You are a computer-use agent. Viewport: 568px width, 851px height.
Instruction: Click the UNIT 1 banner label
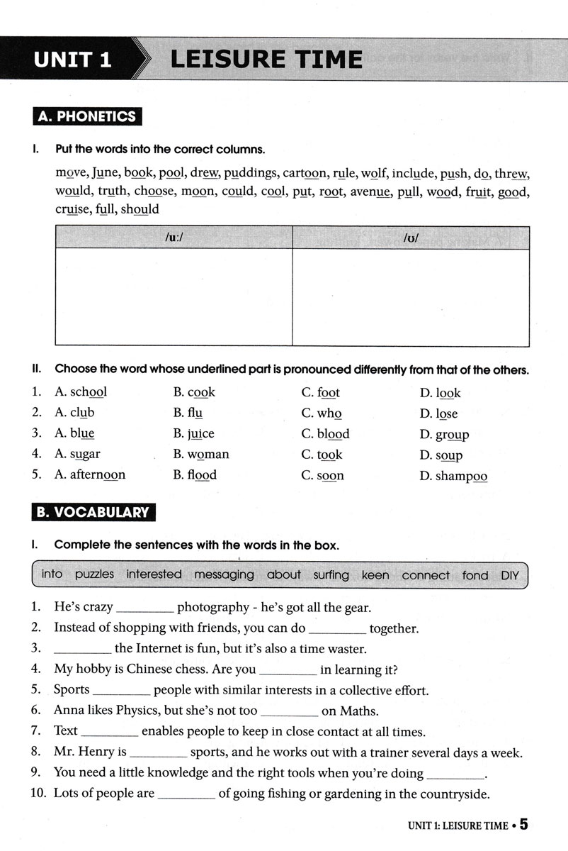73,60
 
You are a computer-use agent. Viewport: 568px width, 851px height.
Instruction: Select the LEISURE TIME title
266,59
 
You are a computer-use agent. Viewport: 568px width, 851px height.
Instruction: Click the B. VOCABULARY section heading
94,513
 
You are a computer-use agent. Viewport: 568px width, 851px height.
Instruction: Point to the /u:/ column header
173,238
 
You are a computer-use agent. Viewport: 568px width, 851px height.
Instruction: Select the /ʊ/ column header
411,238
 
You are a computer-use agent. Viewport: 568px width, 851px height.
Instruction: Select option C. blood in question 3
325,434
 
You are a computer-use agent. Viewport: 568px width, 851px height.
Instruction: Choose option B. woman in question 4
201,455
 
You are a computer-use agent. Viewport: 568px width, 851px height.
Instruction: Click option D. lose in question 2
438,413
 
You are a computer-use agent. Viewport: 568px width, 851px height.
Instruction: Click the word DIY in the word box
510,575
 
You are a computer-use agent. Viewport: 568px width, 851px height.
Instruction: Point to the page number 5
524,825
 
